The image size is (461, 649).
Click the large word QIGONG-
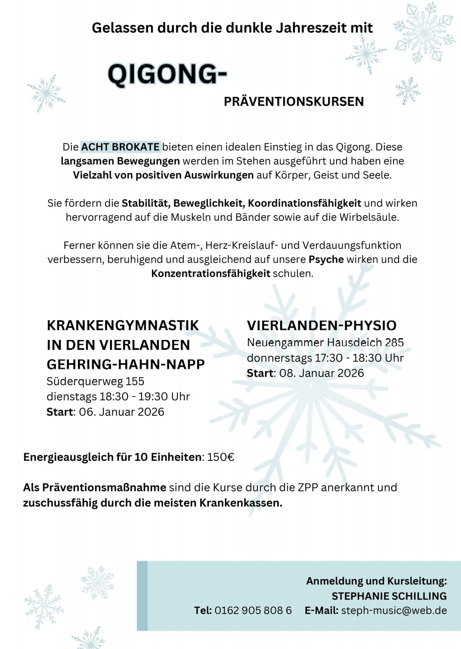(167, 74)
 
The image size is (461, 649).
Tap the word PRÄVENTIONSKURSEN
(294, 102)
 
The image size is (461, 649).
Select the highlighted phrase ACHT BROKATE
(121, 147)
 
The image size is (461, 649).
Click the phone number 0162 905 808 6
(253, 610)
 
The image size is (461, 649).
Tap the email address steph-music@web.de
(394, 610)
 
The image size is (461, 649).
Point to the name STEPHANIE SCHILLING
(389, 596)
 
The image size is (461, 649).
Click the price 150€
(220, 457)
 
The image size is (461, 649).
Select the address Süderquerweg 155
(96, 381)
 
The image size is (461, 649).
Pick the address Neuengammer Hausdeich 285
(325, 343)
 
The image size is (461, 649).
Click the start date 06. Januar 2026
(121, 412)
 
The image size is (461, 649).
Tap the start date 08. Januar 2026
(322, 373)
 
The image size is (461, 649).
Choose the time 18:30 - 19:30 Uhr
(145, 396)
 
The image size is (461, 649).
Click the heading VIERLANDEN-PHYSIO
(322, 325)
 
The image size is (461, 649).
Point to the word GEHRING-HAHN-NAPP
(126, 364)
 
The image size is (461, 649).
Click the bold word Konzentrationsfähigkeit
(210, 273)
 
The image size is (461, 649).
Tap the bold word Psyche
(326, 260)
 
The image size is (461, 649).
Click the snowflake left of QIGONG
(46, 93)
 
